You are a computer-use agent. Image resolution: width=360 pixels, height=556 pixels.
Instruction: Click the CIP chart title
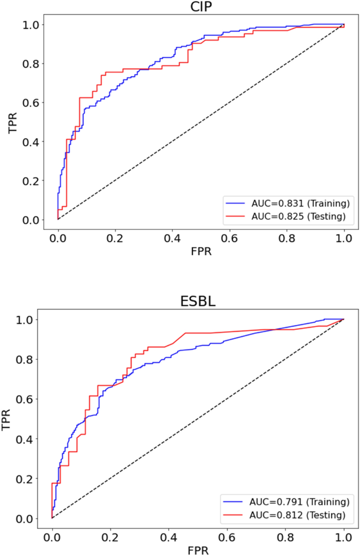201,7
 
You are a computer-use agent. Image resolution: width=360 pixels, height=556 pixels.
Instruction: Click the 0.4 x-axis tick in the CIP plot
172,237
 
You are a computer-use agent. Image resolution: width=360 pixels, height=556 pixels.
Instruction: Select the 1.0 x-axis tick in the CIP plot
344,237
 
